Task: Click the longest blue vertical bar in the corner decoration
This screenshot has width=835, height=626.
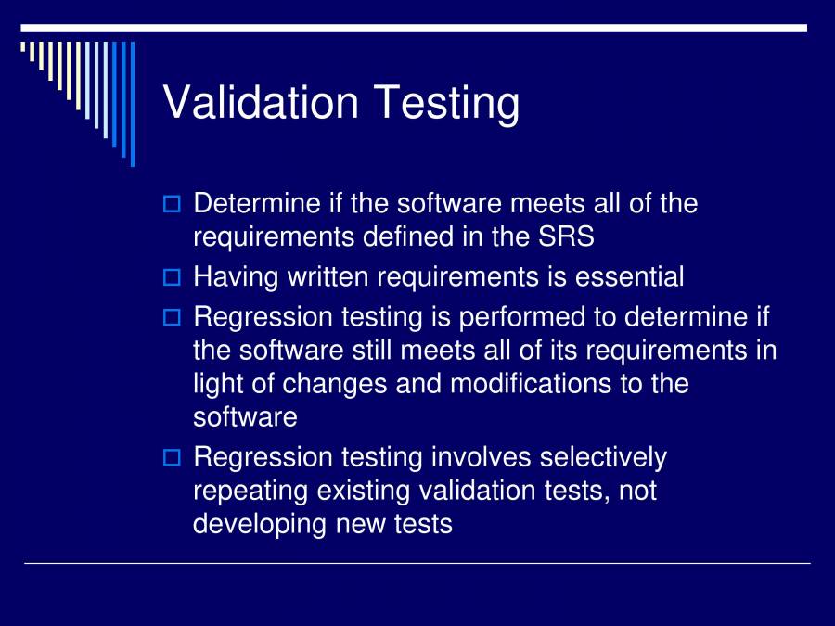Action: (132, 102)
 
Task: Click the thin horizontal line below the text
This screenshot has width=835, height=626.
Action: (417, 563)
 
